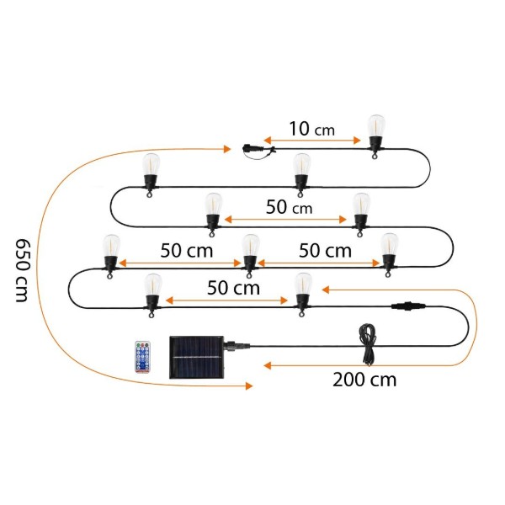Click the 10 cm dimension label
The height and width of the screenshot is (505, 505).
coord(311,129)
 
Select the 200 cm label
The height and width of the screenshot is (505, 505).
coord(364,380)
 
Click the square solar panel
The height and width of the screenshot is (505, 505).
coord(196,358)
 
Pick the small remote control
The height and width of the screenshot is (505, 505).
coord(143,357)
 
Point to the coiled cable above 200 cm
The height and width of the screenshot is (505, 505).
coord(368,344)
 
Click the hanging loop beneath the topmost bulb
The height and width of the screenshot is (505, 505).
coord(375,157)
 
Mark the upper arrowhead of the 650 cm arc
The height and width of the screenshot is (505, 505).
coord(227,149)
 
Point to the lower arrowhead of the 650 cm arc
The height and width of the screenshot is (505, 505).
coord(249,385)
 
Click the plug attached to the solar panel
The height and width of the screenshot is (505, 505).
coord(237,346)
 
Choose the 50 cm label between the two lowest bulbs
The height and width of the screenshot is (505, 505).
coord(233,288)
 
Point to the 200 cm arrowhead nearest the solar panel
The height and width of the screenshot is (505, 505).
coord(268,365)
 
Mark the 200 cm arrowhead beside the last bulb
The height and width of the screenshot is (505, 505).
coord(326,290)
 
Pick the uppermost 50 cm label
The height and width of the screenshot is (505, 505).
coord(289,207)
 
